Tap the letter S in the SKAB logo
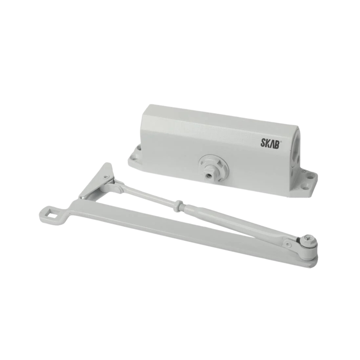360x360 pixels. coord(263,143)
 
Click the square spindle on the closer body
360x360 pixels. coord(208,173)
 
